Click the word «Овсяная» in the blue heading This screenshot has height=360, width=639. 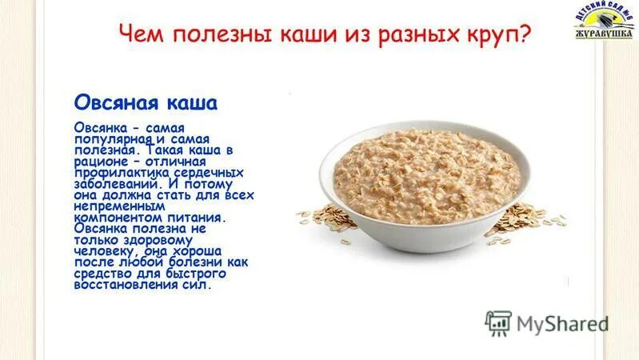coord(110,103)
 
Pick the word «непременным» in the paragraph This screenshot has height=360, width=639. coord(114,206)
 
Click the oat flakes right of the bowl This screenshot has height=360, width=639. coord(531,216)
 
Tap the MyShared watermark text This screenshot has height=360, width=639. coord(562,324)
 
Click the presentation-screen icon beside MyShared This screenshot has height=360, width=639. coord(498,323)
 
